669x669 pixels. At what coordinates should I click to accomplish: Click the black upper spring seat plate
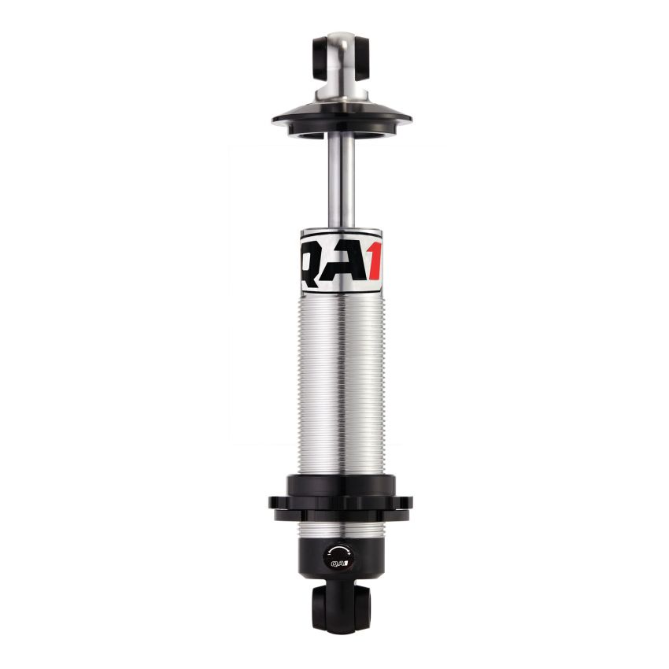coord(342,118)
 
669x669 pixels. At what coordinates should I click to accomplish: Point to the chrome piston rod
coord(341,181)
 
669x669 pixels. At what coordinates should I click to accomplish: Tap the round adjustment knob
coord(341,557)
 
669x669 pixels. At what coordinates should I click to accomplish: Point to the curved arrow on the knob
coord(341,549)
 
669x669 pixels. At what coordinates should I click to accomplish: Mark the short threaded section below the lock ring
coord(341,529)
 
